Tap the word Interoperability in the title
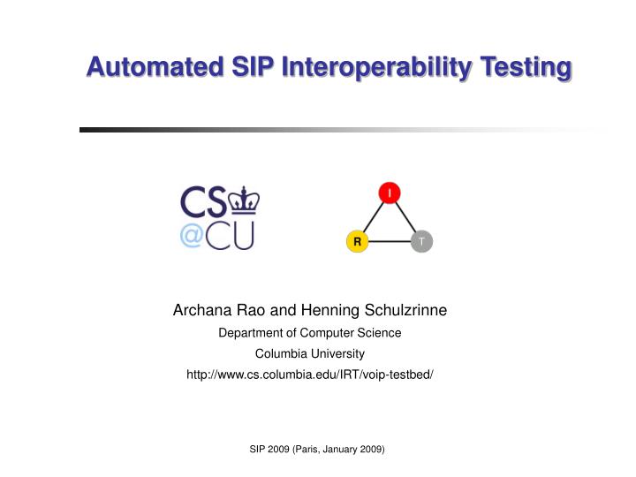click(x=381, y=66)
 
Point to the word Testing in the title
click(x=526, y=66)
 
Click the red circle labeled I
click(x=390, y=193)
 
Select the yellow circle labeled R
click(x=357, y=241)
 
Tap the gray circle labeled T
click(x=422, y=241)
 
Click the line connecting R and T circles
click(x=390, y=241)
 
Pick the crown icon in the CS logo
click(x=242, y=201)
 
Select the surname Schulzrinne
click(x=405, y=310)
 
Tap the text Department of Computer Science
click(x=309, y=333)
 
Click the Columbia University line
click(x=309, y=353)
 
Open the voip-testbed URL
click(x=309, y=375)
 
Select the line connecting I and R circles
click(x=373, y=217)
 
